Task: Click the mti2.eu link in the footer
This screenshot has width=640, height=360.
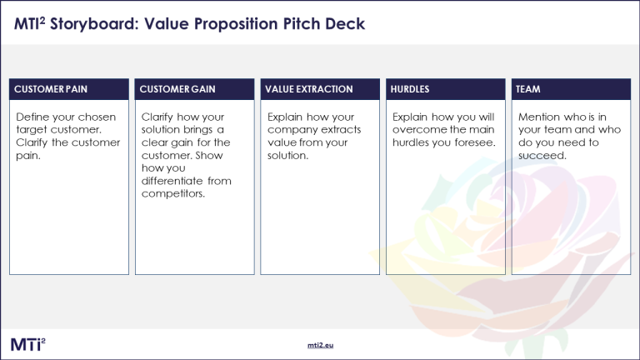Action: pos(320,345)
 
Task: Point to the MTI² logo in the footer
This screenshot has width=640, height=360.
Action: pos(28,344)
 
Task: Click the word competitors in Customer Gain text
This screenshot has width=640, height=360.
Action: pos(173,194)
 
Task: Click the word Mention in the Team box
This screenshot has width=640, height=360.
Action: pos(538,117)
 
